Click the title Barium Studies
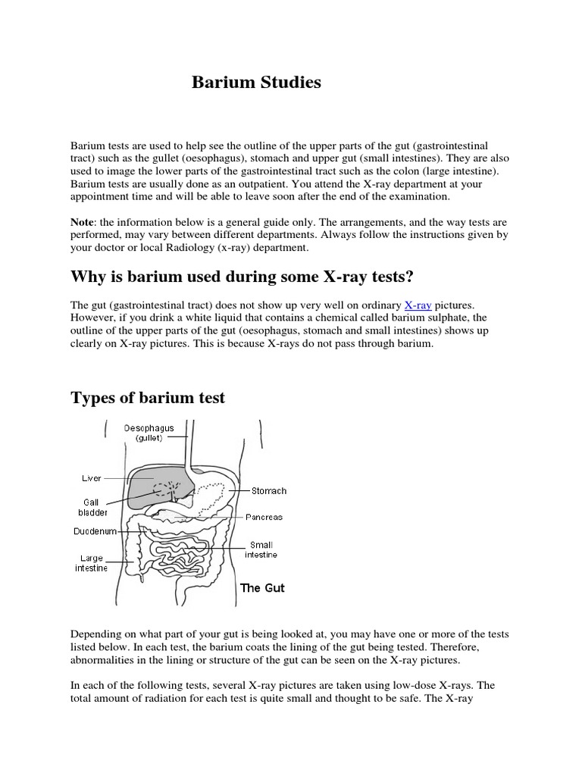255,83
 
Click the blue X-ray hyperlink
418,305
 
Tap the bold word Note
84,222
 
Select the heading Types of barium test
148,398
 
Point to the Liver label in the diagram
91,479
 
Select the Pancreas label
263,517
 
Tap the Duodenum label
95,531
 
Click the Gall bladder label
91,507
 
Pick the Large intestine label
90,563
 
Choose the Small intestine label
261,549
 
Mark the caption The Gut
262,588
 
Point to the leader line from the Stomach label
239,491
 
